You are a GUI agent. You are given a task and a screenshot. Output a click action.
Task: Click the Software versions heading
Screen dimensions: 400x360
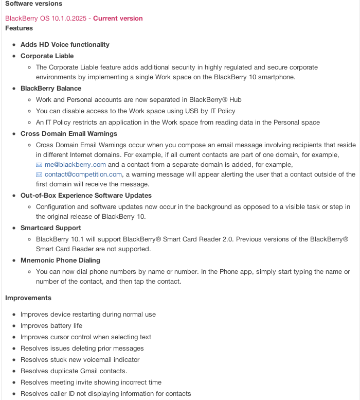tap(33, 4)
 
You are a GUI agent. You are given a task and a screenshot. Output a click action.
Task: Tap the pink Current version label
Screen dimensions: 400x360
tap(118, 19)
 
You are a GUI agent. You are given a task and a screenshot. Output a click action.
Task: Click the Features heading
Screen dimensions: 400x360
tap(19, 28)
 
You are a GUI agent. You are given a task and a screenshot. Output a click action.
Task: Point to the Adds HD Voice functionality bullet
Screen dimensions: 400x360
tap(65, 45)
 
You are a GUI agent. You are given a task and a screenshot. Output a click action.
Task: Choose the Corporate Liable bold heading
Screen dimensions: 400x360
tap(47, 56)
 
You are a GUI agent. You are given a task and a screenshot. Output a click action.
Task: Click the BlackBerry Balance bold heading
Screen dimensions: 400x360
tap(51, 89)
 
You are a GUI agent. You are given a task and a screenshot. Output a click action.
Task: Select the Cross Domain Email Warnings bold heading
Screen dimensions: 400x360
tap(69, 134)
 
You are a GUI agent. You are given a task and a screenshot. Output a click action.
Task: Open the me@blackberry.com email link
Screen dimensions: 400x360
tap(75, 165)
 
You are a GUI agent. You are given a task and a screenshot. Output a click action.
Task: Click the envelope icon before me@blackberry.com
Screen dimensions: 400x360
tap(39, 165)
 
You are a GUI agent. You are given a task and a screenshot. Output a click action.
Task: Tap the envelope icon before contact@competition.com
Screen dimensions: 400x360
tap(39, 175)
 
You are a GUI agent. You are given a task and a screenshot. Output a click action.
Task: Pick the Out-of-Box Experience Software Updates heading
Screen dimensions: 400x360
tap(86, 196)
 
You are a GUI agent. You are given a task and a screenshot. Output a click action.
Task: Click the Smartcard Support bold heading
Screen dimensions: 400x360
tap(51, 228)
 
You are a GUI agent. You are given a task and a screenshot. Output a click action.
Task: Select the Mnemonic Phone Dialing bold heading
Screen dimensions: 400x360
tap(60, 260)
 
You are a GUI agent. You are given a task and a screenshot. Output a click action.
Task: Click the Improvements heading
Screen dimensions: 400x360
tap(28, 298)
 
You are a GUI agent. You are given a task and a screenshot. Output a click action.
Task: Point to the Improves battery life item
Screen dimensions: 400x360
tap(51, 326)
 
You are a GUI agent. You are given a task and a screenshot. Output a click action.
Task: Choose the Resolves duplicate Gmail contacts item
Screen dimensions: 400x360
tap(74, 371)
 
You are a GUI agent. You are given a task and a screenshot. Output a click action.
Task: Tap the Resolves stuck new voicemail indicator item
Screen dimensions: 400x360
tap(80, 360)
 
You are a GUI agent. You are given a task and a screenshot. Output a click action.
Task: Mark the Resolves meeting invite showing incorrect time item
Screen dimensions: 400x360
tap(91, 382)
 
